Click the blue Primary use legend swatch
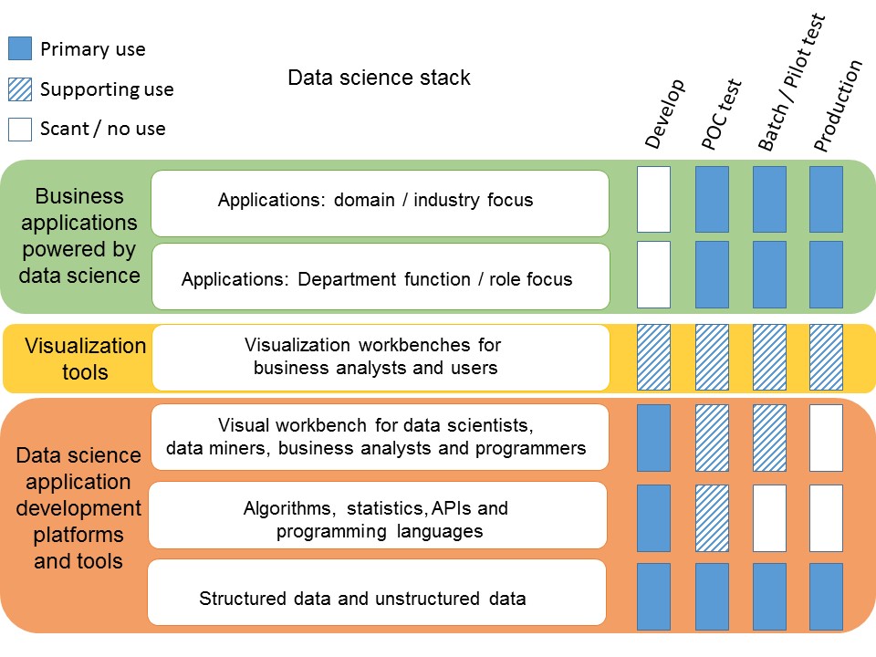tap(20, 49)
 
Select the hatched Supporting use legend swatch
tap(20, 89)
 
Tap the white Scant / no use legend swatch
tap(20, 129)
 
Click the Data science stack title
tap(379, 78)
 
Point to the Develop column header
tap(664, 114)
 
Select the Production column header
tap(838, 106)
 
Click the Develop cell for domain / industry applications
tap(653, 199)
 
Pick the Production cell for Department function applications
tap(826, 275)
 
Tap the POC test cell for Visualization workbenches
tap(712, 358)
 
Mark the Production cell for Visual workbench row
tap(826, 438)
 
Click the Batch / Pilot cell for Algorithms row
tap(769, 518)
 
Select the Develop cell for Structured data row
tap(653, 597)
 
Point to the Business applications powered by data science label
tap(78, 235)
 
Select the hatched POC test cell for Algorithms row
tap(712, 518)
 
